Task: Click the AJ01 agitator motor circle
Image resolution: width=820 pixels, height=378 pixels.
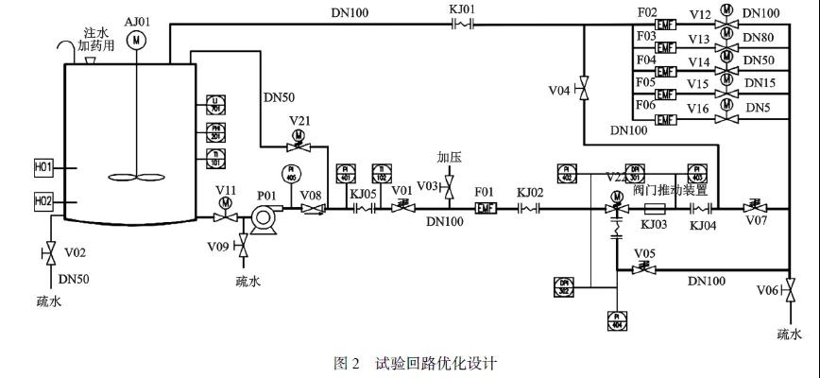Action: click(138, 39)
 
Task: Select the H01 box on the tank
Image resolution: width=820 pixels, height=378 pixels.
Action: click(43, 167)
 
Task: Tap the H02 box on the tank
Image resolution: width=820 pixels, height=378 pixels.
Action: click(43, 201)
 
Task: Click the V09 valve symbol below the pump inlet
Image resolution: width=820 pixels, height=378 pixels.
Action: click(243, 247)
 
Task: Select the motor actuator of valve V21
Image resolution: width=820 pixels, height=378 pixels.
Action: click(299, 134)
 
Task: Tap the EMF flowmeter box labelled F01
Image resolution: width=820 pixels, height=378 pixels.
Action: click(485, 208)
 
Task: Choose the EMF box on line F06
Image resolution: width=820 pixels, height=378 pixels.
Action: click(666, 119)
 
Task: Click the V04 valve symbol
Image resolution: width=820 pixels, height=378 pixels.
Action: click(584, 90)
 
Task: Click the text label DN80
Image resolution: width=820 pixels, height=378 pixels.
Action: click(760, 38)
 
